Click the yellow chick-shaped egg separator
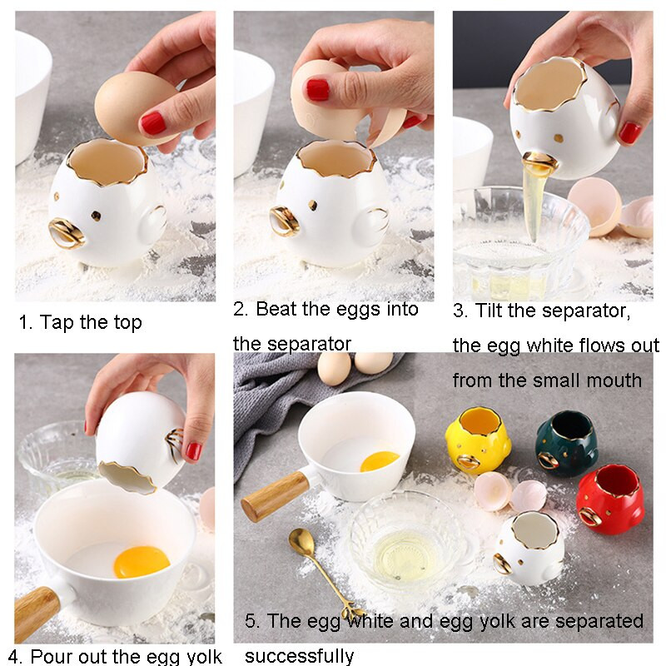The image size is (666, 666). coord(477,440)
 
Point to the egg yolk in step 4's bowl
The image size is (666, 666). coord(142,561)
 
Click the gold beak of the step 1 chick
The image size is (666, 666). coord(67,234)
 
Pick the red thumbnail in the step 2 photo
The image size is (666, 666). coord(318,90)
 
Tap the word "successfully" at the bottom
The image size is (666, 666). coord(299,655)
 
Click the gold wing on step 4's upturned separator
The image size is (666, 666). coord(173,445)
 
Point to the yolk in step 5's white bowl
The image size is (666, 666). coord(380,462)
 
